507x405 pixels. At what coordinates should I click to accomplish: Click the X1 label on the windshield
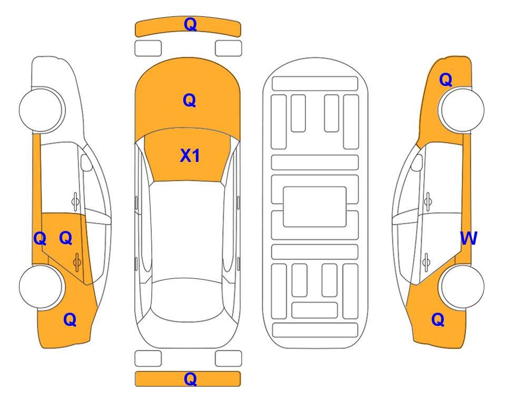(x=190, y=156)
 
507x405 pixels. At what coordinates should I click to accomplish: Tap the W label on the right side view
(x=469, y=238)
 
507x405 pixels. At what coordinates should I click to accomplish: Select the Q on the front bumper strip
(x=190, y=24)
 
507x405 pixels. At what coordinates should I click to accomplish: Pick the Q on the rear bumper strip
(x=190, y=379)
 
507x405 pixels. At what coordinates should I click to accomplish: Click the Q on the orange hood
(x=190, y=100)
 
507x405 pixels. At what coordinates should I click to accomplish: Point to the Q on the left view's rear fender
(x=70, y=320)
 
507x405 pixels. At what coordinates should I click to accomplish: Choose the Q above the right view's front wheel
(x=445, y=80)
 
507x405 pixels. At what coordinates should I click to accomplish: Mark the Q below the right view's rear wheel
(x=438, y=320)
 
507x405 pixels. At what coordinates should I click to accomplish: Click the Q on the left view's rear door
(x=66, y=238)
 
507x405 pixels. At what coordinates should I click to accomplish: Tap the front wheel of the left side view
(x=41, y=110)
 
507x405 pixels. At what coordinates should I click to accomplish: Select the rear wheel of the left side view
(x=41, y=286)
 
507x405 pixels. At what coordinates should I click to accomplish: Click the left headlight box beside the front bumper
(x=148, y=49)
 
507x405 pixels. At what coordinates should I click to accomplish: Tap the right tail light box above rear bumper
(x=228, y=359)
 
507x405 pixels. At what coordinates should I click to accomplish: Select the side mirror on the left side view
(x=86, y=162)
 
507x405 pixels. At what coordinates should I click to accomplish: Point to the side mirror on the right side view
(x=417, y=162)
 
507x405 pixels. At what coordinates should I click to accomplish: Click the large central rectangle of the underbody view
(x=315, y=207)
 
